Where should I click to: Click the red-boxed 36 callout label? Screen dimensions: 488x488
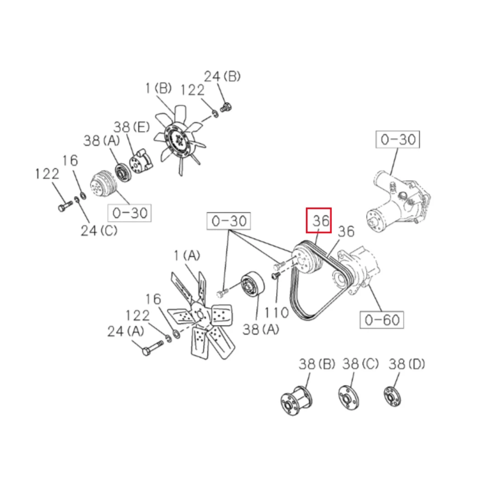coord(320,221)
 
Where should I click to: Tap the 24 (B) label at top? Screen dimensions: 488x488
coord(222,76)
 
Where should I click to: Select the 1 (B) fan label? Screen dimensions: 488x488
coord(159,88)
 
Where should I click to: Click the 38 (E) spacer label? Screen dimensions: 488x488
coord(131,127)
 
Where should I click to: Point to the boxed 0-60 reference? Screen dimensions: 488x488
coord(382,319)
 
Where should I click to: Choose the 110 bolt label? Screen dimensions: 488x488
coord(277,312)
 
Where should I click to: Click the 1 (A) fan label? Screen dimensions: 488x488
coord(187,255)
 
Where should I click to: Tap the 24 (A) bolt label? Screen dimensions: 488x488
coord(126,331)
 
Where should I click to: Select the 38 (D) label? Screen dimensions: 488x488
coord(407,364)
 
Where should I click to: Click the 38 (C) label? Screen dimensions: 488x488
coord(361,364)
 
